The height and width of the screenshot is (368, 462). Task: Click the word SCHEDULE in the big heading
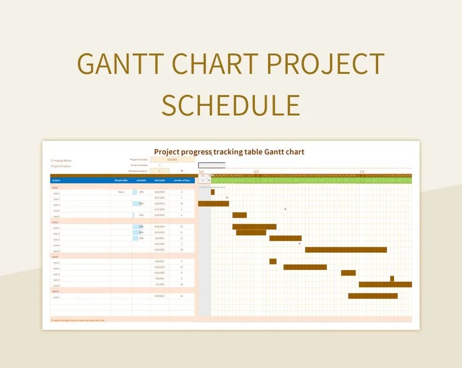click(x=230, y=105)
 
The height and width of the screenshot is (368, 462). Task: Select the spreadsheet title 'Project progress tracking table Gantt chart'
click(x=229, y=152)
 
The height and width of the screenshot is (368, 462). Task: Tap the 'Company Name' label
click(x=61, y=160)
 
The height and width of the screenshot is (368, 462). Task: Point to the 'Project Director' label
click(x=61, y=166)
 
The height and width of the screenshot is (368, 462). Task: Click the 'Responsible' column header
click(x=121, y=181)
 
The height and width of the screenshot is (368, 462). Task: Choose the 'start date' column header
click(x=160, y=181)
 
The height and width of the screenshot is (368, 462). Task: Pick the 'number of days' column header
click(x=182, y=181)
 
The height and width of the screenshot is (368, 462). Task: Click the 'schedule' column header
click(x=141, y=181)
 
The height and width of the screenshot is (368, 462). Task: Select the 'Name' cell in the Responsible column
click(x=121, y=192)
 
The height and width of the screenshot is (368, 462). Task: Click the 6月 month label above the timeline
click(x=256, y=172)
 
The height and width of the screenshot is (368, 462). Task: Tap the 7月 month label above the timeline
click(x=362, y=172)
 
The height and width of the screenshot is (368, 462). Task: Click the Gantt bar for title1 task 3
click(x=213, y=204)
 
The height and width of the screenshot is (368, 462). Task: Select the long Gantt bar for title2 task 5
click(x=346, y=250)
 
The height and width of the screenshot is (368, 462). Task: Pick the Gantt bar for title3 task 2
click(x=305, y=267)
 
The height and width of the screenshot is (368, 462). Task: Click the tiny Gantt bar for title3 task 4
click(x=392, y=279)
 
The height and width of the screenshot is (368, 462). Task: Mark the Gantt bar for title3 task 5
click(x=385, y=285)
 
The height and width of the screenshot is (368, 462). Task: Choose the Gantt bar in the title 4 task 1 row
click(x=373, y=296)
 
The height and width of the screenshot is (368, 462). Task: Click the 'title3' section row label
click(x=56, y=256)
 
